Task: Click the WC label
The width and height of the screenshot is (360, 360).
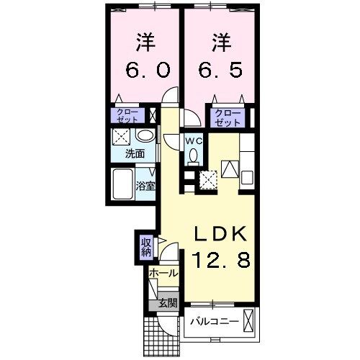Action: pyautogui.click(x=193, y=141)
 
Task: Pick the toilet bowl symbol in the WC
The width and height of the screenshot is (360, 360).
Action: pyautogui.click(x=192, y=157)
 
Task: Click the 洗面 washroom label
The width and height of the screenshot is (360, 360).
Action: pyautogui.click(x=135, y=153)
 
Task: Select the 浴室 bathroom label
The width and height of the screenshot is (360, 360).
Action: pyautogui.click(x=146, y=185)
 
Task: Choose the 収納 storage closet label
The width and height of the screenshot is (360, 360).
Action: pyautogui.click(x=145, y=247)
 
